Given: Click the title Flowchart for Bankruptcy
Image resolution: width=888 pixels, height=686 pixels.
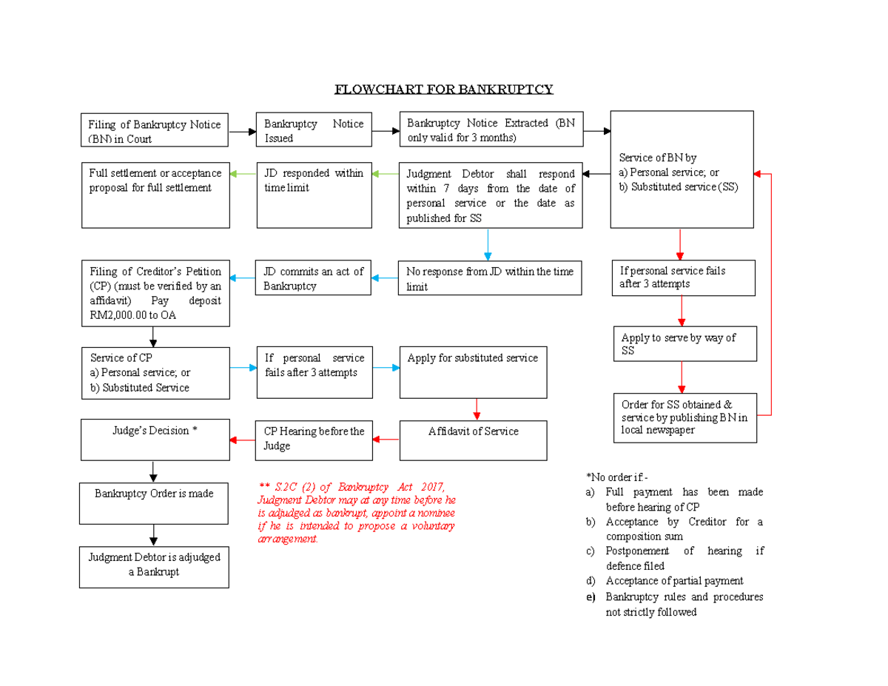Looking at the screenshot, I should coord(443,90).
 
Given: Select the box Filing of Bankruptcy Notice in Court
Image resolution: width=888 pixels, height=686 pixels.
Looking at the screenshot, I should coord(155,131).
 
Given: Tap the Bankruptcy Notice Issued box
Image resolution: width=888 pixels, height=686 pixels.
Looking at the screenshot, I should coord(314,131).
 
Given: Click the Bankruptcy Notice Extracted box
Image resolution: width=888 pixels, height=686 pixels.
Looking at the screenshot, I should coord(491,131).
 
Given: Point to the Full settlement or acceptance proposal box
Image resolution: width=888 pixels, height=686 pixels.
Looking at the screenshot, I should coord(155,195).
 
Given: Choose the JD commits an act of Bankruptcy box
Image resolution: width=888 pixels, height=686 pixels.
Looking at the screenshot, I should coord(314,278).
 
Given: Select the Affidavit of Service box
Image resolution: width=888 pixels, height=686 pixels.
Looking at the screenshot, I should coord(473,440).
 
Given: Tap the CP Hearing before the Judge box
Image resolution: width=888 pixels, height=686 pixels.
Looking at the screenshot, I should coord(314,440).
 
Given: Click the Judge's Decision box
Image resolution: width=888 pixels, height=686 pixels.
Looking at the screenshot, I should coord(155,439).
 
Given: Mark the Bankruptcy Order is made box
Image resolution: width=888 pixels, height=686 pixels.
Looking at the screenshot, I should coord(154,502).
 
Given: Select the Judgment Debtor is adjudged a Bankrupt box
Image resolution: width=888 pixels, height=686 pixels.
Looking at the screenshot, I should coord(154,567).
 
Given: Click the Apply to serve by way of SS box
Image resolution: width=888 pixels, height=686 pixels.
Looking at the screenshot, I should coord(684,344).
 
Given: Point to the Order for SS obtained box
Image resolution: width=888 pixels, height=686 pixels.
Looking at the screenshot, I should coord(684,417).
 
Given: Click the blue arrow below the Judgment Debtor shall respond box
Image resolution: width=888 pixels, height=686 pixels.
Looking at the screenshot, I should coord(488,244).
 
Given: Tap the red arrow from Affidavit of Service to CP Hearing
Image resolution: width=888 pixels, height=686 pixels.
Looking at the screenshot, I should coord(386,440).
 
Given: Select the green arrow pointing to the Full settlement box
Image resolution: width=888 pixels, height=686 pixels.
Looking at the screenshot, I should coord(243,174).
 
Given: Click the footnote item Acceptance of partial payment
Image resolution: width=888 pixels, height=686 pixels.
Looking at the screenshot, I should coord(674,581).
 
